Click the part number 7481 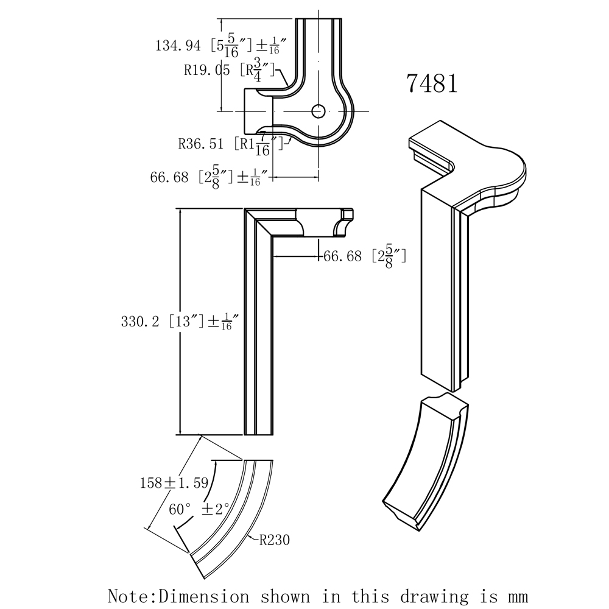432,83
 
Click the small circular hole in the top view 319,111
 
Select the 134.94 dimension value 179,45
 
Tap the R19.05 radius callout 207,70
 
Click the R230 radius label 274,540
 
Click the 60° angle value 180,509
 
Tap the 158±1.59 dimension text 174,483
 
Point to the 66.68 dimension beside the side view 343,257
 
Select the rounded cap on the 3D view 499,171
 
